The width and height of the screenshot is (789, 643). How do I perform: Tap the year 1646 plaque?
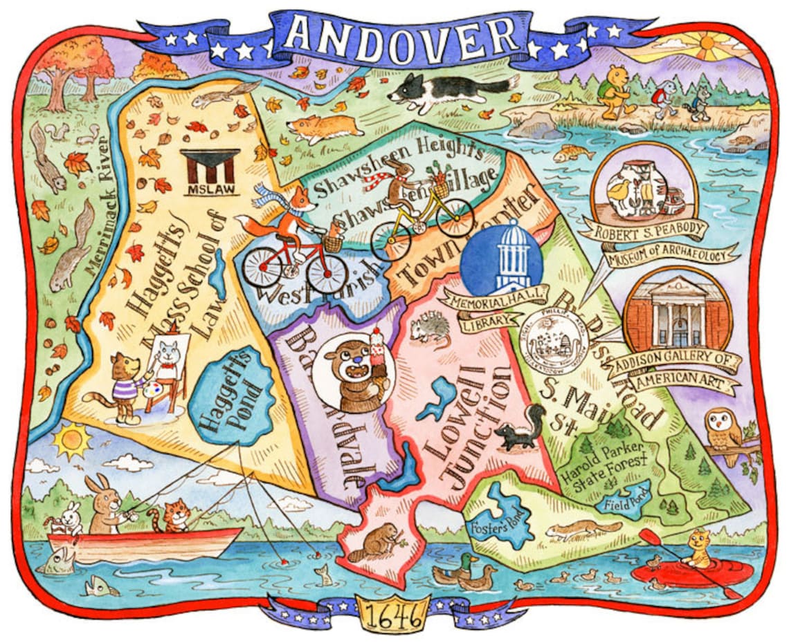pyautogui.click(x=394, y=612)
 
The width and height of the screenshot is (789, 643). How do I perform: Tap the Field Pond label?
pyautogui.click(x=622, y=503)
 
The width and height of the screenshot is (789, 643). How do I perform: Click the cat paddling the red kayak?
pyautogui.click(x=698, y=550)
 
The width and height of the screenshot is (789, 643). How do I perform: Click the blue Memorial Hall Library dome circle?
pyautogui.click(x=501, y=257)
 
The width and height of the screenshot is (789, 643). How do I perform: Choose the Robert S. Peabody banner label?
pyautogui.click(x=643, y=230)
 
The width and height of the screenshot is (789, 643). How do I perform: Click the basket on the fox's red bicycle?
pyautogui.click(x=333, y=243)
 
